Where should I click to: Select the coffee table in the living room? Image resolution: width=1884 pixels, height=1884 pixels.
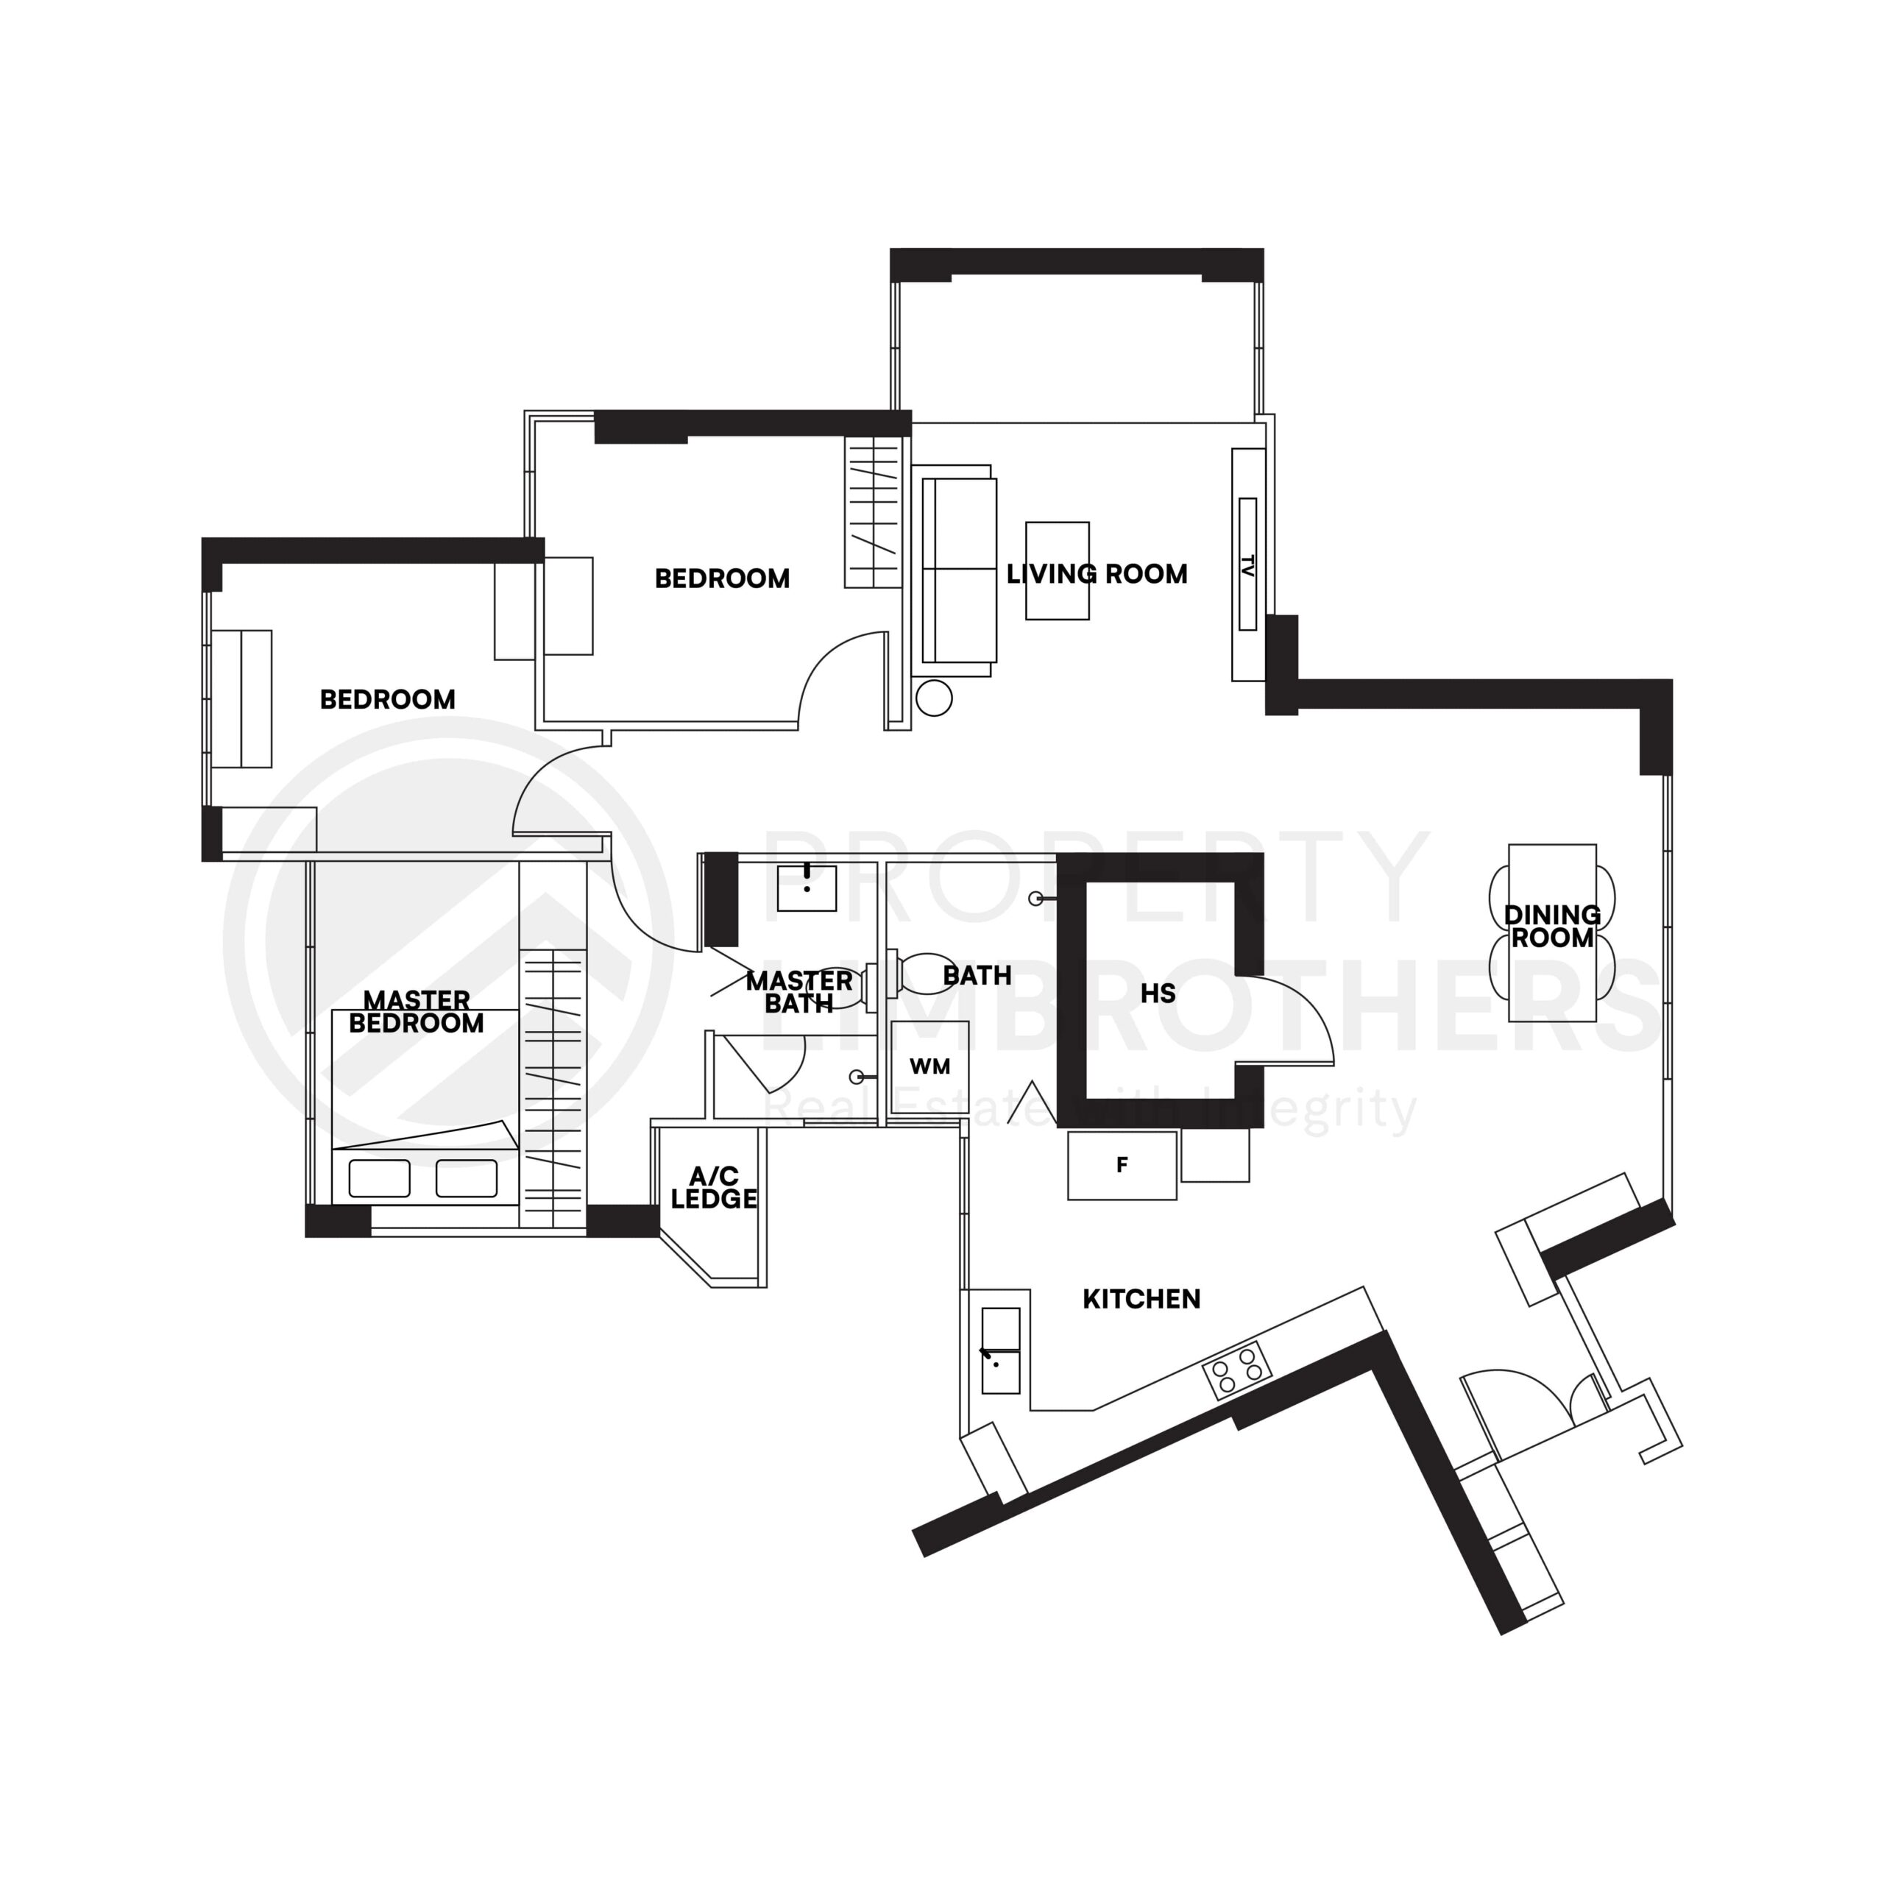1057,570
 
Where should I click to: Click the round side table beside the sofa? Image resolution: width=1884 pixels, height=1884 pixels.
933,698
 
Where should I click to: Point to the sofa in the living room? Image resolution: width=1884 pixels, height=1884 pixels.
959,570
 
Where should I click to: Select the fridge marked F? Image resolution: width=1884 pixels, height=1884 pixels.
1122,1164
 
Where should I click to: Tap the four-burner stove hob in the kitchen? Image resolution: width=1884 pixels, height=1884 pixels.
1236,1370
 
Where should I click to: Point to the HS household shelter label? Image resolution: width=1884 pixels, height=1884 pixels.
1158,994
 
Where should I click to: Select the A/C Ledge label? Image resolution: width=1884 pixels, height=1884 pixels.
714,1187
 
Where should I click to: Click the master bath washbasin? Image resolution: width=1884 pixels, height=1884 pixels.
807,888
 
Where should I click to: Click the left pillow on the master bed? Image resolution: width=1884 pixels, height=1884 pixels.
379,1178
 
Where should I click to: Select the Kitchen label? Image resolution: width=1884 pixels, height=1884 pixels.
1141,1298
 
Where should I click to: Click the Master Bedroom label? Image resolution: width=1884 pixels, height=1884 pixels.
417,1011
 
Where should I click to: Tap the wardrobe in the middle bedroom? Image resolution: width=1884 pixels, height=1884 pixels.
873,512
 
